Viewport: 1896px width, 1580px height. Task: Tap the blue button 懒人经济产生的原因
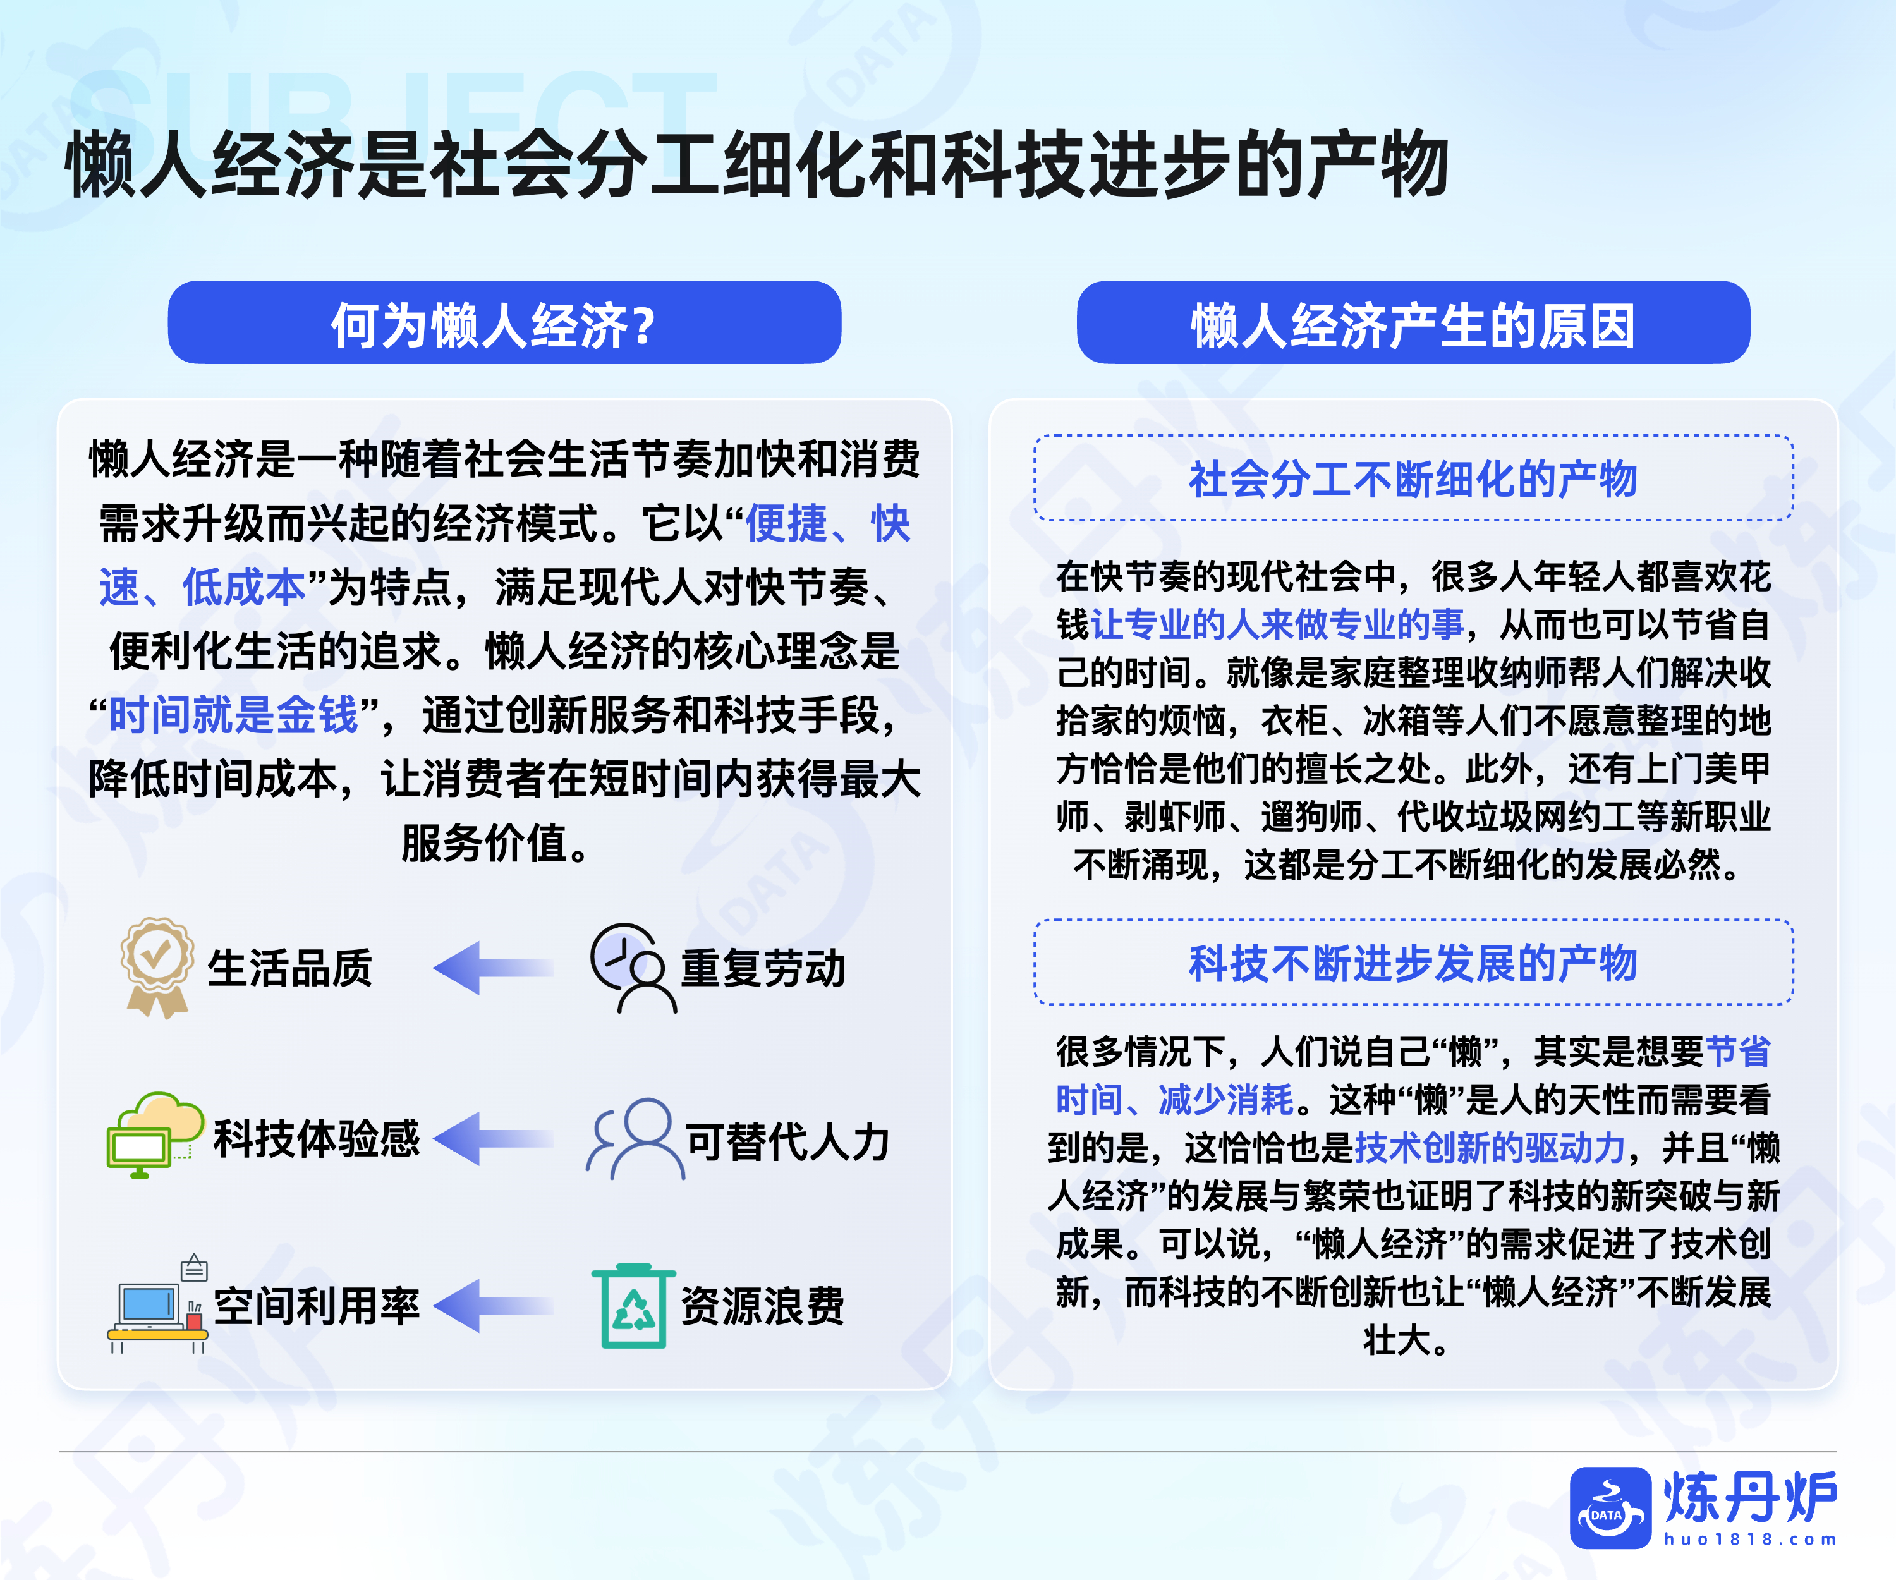(x=1413, y=322)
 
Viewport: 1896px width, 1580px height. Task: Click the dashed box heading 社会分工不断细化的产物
(x=1413, y=478)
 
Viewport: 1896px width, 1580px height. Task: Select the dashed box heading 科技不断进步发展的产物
(x=1413, y=961)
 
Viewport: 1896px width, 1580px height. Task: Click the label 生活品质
(x=290, y=968)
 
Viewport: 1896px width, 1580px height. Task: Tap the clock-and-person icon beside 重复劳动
(x=632, y=968)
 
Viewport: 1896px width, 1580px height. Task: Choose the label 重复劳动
(x=763, y=968)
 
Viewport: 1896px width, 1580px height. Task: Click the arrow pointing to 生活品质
(x=493, y=968)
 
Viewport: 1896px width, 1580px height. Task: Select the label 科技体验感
(x=317, y=1138)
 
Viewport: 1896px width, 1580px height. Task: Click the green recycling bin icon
(x=634, y=1306)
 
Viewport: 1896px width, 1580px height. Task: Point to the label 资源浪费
(x=763, y=1306)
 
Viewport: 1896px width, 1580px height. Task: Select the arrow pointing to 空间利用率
(x=493, y=1306)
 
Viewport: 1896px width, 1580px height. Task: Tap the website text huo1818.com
(x=1751, y=1540)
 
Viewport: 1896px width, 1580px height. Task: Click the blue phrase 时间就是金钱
(x=234, y=715)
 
